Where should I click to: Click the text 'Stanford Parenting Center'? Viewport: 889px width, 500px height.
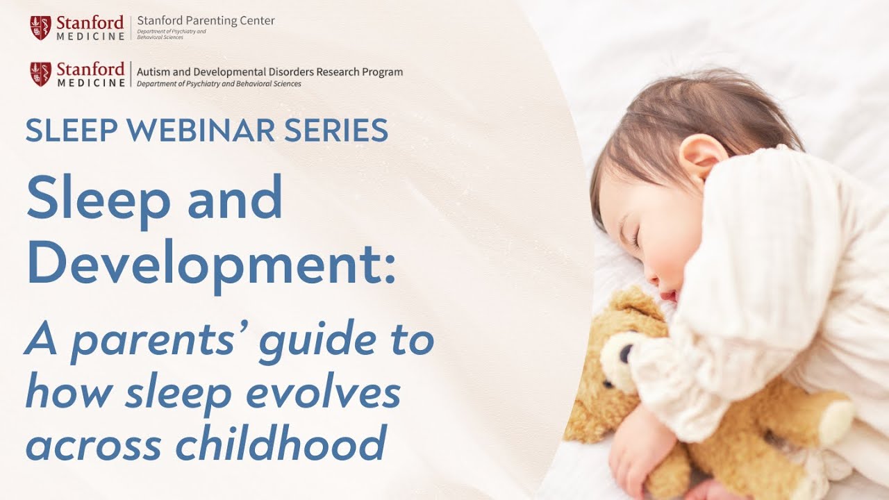click(206, 21)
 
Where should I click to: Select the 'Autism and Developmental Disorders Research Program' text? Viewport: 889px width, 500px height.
click(269, 72)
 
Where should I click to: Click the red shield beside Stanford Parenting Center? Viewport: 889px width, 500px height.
click(40, 27)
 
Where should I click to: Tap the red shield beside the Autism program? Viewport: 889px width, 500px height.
click(40, 74)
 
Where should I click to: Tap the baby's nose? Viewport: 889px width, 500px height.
click(652, 276)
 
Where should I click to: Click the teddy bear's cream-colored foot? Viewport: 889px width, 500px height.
click(838, 419)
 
